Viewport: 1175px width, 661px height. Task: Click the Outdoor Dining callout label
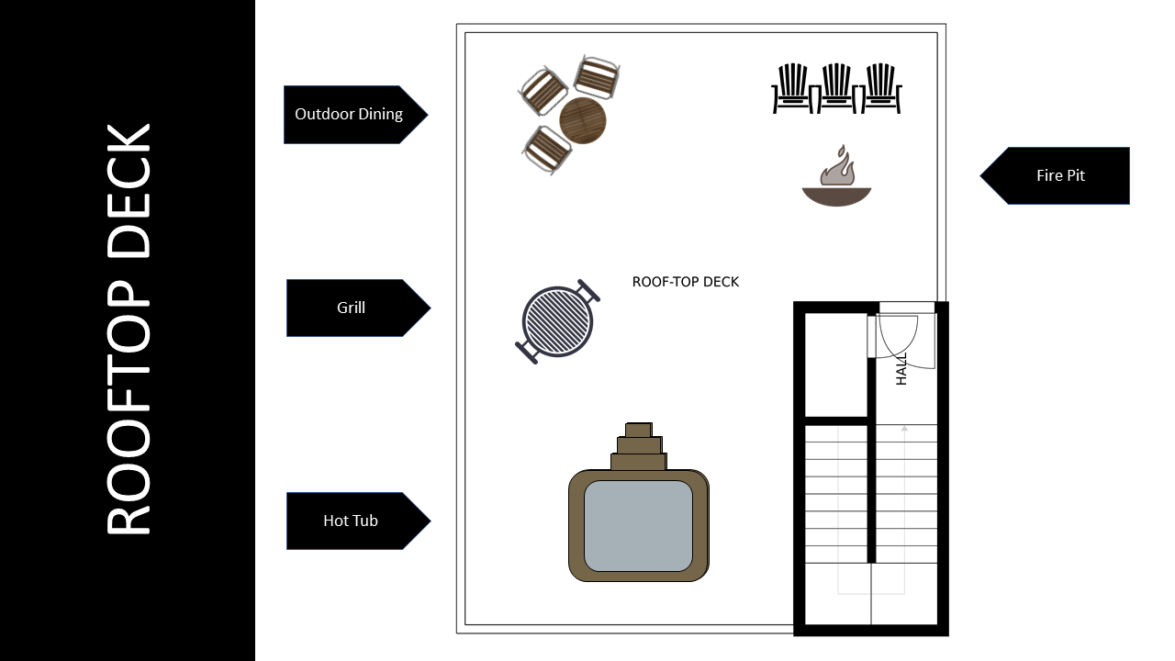(x=349, y=115)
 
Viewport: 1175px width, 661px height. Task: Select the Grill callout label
(x=352, y=308)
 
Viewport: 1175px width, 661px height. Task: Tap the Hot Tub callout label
(x=351, y=521)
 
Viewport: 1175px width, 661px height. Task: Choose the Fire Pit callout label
(x=1061, y=175)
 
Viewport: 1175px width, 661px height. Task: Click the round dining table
(x=583, y=120)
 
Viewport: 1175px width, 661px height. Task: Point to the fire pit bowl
(x=836, y=196)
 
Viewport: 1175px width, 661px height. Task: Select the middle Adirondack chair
(x=836, y=88)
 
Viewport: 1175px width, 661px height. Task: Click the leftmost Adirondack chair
(x=791, y=88)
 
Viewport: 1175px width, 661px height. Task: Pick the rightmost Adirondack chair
(x=881, y=88)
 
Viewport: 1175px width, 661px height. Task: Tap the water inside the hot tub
(x=638, y=525)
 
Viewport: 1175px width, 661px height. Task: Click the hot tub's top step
(x=638, y=430)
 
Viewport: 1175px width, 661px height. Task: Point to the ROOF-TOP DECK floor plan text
(x=686, y=282)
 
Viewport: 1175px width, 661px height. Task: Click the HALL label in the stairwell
(x=901, y=368)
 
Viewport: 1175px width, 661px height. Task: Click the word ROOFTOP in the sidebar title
(x=129, y=404)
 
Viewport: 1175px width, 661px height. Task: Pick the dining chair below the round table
(x=546, y=149)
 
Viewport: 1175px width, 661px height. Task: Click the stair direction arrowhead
(x=904, y=428)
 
